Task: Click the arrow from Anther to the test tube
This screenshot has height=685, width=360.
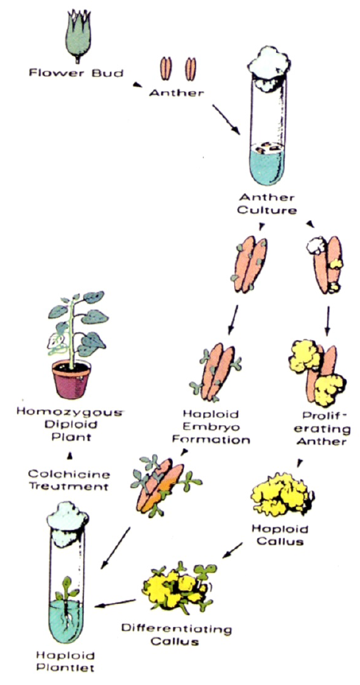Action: point(226,119)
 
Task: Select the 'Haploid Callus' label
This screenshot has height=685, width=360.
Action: point(280,535)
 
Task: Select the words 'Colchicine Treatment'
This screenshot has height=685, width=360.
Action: point(69,480)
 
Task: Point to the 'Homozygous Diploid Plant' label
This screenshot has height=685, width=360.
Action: point(68,424)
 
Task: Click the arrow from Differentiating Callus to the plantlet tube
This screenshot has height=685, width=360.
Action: point(116,604)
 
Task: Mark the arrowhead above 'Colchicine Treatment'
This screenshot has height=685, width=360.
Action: point(69,457)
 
